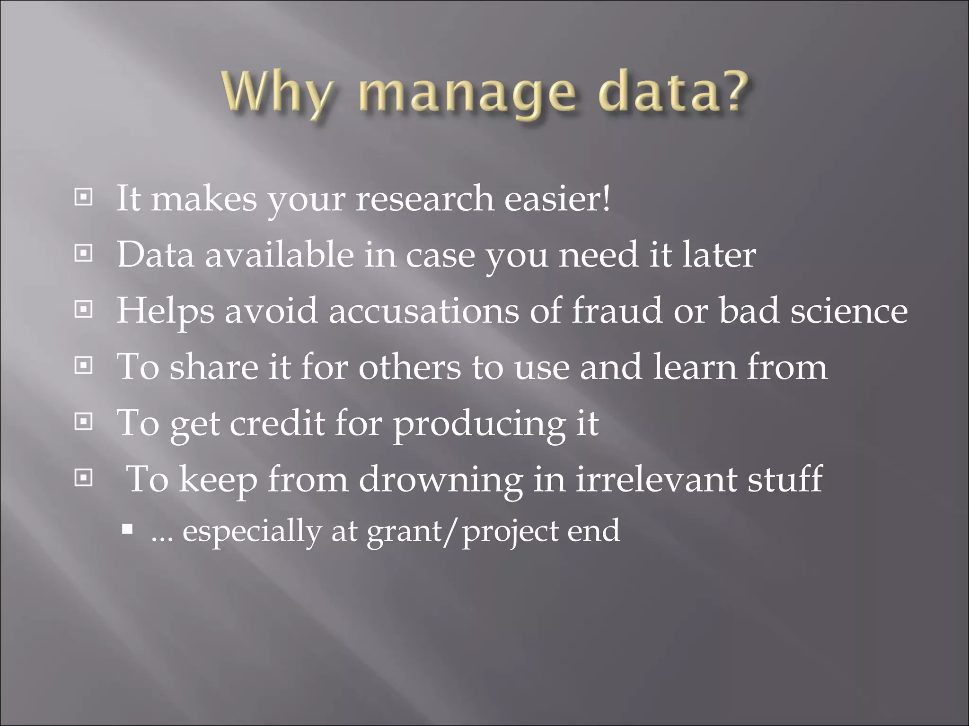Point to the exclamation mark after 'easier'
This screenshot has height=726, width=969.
point(606,198)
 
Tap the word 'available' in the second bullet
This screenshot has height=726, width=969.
point(279,254)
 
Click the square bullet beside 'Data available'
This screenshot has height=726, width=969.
point(84,254)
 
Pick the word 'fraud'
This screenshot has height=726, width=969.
point(617,310)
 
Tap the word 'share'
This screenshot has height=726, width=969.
point(214,366)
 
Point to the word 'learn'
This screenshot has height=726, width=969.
point(694,366)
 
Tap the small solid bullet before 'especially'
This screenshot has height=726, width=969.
point(127,528)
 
